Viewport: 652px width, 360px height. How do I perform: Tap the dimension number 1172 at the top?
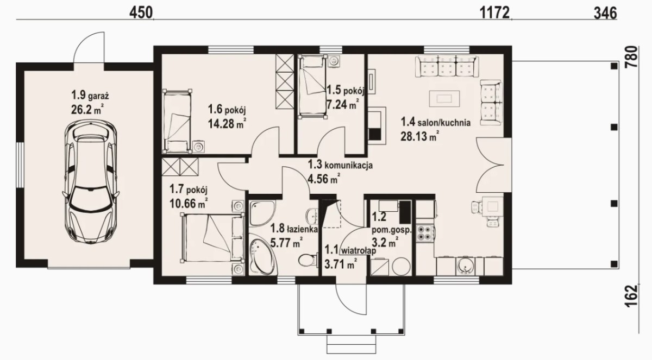click(x=494, y=13)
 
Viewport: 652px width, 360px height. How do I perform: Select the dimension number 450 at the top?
click(x=141, y=13)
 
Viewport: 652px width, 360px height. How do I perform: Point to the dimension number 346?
click(x=605, y=13)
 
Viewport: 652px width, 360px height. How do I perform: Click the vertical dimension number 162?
click(x=631, y=296)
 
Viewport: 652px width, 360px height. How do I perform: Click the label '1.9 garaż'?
click(x=90, y=95)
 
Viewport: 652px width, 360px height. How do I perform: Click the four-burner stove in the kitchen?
click(x=425, y=233)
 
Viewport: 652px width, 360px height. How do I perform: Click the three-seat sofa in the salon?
click(x=447, y=66)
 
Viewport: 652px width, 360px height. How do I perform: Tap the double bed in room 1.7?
click(x=212, y=237)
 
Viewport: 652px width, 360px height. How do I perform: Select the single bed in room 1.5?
click(x=312, y=86)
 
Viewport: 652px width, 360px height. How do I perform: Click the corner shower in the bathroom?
click(x=262, y=212)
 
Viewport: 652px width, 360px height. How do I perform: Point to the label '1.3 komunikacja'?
click(x=340, y=165)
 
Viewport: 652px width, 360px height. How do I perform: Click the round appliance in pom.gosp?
click(x=401, y=266)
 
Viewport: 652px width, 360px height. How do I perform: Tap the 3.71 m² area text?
click(x=341, y=264)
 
